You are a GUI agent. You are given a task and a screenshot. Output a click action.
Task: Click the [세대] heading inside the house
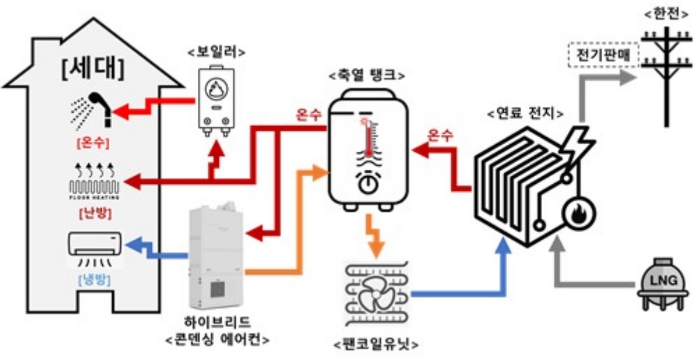coord(92,70)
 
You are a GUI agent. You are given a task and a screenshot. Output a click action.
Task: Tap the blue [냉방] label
coord(94,280)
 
